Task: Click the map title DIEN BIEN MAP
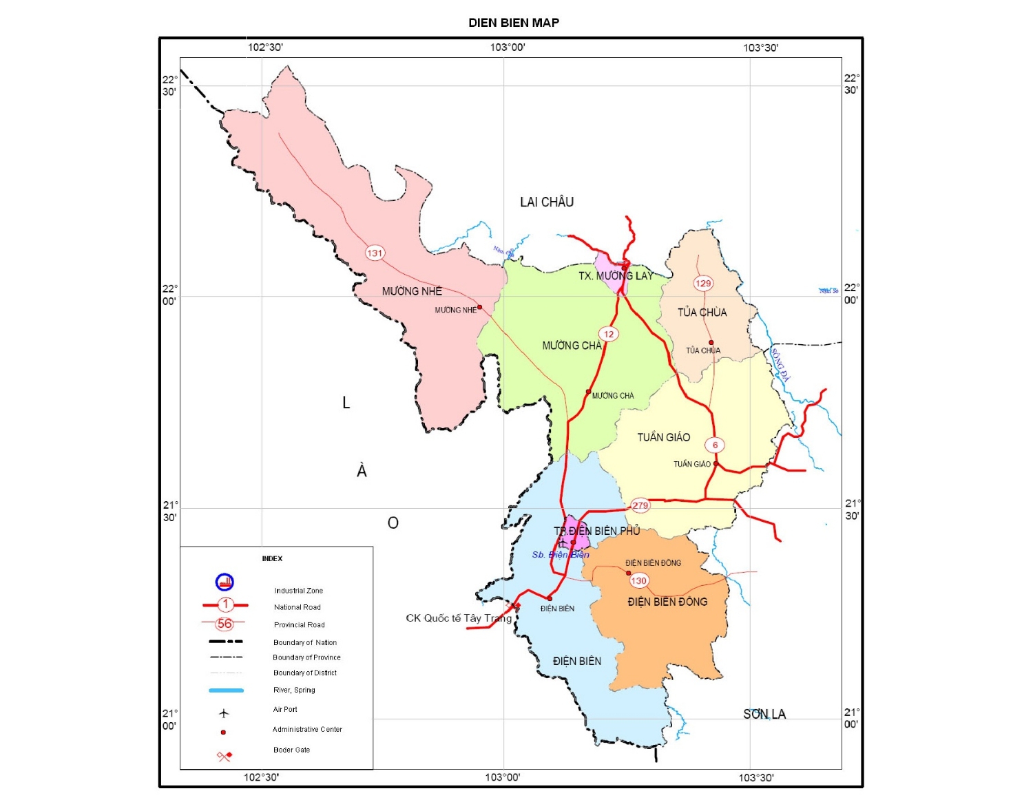(x=514, y=23)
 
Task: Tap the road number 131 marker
(x=375, y=253)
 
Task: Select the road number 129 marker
(x=703, y=283)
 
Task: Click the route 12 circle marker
(x=608, y=334)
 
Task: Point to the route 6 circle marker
(x=715, y=445)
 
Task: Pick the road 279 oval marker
(x=640, y=505)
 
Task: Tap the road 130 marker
(x=639, y=580)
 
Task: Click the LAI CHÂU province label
(x=547, y=202)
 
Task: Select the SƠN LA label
(x=764, y=714)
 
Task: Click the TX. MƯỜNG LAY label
(x=616, y=276)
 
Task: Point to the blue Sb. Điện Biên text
(x=560, y=555)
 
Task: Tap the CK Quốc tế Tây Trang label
(x=459, y=618)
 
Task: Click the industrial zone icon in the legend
(x=225, y=582)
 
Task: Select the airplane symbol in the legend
(x=224, y=713)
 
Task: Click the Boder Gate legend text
(x=291, y=750)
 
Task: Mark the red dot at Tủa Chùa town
(x=711, y=342)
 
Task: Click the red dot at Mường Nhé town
(x=480, y=308)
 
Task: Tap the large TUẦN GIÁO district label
(x=663, y=437)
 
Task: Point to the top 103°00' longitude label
(x=508, y=48)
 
